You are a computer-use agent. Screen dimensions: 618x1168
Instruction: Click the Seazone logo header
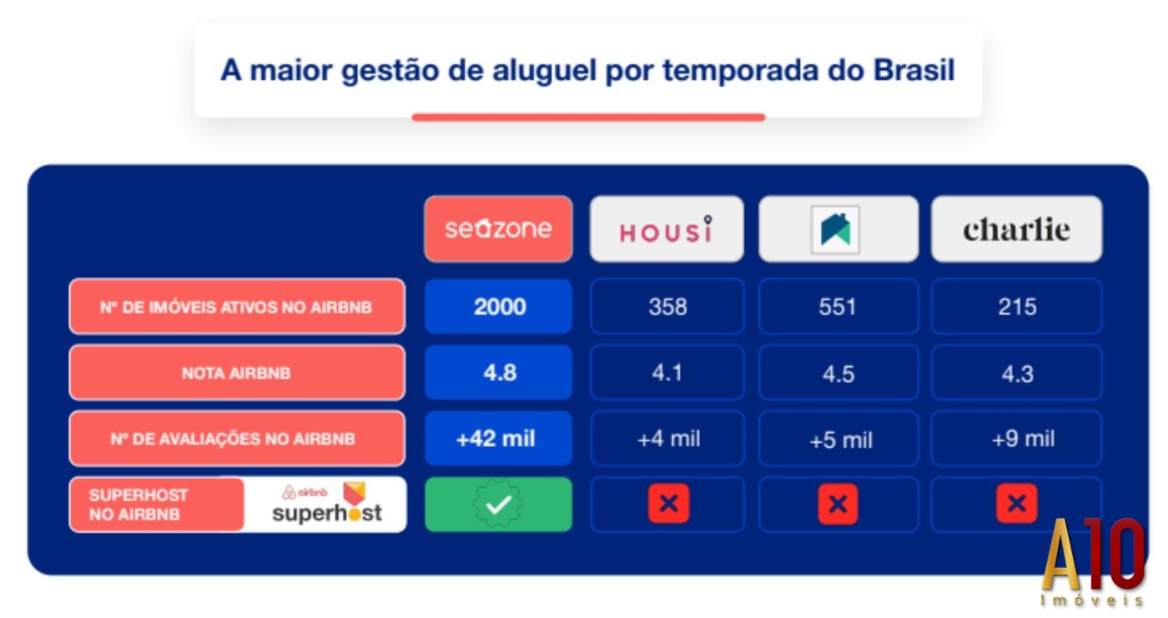click(x=498, y=229)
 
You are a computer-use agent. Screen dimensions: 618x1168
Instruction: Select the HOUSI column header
click(x=666, y=229)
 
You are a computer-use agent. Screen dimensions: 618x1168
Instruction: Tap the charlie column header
click(x=1016, y=229)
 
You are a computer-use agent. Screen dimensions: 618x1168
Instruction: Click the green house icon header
click(x=837, y=229)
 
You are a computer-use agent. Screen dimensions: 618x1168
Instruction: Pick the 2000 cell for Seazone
click(x=499, y=307)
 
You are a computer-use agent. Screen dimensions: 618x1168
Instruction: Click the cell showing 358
click(x=667, y=307)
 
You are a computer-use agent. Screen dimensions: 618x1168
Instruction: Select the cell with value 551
click(x=838, y=307)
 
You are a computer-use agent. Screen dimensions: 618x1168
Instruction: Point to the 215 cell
click(x=1017, y=307)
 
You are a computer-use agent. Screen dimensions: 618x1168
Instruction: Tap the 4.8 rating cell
click(x=499, y=372)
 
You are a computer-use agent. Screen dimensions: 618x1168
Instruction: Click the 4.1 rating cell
click(x=667, y=372)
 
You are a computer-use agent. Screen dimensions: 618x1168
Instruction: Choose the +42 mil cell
click(x=496, y=439)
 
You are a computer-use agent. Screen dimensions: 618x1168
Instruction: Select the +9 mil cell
click(x=1022, y=439)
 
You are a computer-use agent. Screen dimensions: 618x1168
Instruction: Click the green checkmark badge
click(x=498, y=505)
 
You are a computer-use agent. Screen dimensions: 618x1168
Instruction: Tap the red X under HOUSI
click(x=668, y=504)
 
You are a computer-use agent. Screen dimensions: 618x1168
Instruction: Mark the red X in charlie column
click(x=1016, y=504)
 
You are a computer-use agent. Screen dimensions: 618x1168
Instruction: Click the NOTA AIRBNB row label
click(x=236, y=373)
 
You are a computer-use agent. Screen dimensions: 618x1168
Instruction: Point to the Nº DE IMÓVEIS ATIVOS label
click(x=236, y=307)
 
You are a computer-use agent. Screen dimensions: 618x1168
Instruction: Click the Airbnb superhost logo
click(x=326, y=504)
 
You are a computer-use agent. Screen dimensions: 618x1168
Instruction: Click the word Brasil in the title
click(x=914, y=71)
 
